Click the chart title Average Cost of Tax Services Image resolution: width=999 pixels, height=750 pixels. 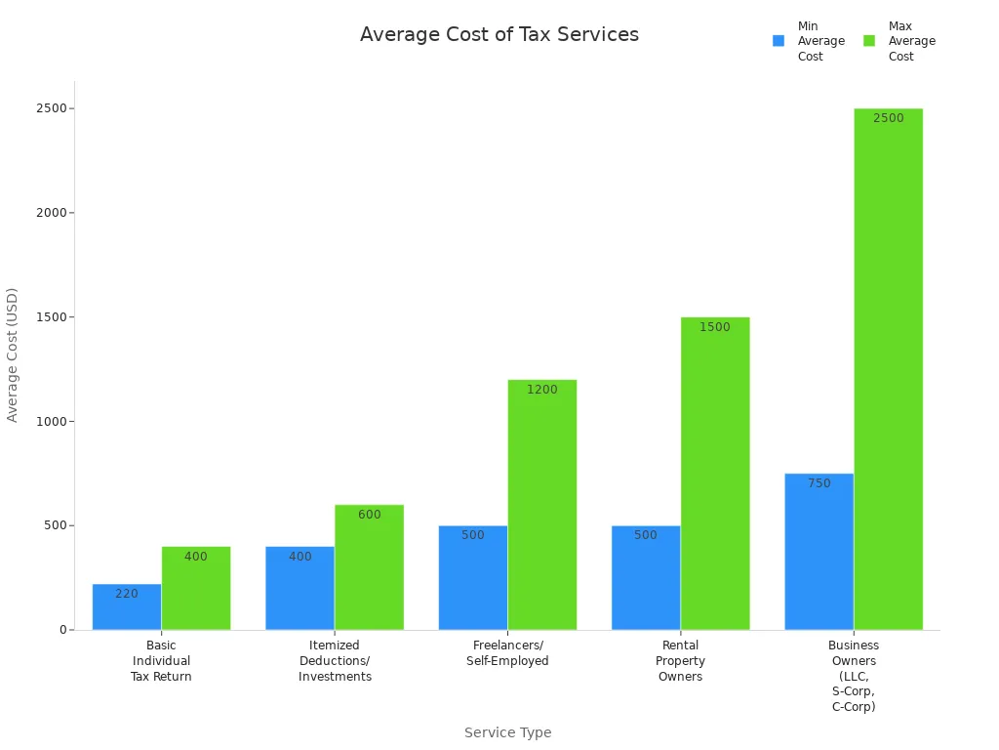[x=499, y=35]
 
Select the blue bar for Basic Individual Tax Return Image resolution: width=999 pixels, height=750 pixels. [x=127, y=610]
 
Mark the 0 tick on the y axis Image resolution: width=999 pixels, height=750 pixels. [x=63, y=630]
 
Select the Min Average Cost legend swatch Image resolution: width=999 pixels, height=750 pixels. [x=779, y=41]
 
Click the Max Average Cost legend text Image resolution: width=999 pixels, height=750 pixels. [x=911, y=41]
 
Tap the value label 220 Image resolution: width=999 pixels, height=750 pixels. [x=127, y=594]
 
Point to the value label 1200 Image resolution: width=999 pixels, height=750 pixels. [x=542, y=390]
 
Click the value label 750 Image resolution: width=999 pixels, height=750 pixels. [x=819, y=483]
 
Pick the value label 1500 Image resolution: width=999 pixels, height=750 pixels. [x=715, y=327]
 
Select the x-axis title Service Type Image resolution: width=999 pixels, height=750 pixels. [x=507, y=732]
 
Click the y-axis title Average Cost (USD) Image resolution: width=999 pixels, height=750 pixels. [x=13, y=354]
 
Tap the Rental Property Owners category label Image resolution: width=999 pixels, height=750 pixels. [x=680, y=661]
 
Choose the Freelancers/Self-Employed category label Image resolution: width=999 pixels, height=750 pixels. [x=507, y=653]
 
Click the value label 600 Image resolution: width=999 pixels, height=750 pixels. [x=370, y=515]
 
